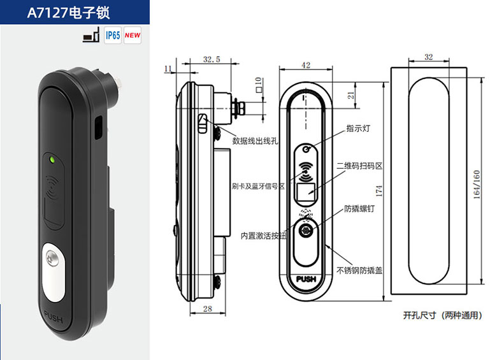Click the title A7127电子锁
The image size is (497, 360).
(68, 12)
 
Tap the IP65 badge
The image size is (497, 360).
(113, 35)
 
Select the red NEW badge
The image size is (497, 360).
(133, 35)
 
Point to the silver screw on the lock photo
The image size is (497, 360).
(52, 257)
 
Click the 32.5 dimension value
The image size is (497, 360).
(212, 59)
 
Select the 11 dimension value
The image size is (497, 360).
(168, 68)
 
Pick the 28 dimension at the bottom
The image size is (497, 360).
(208, 308)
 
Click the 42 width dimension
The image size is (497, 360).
(306, 65)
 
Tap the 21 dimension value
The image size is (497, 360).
(351, 95)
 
